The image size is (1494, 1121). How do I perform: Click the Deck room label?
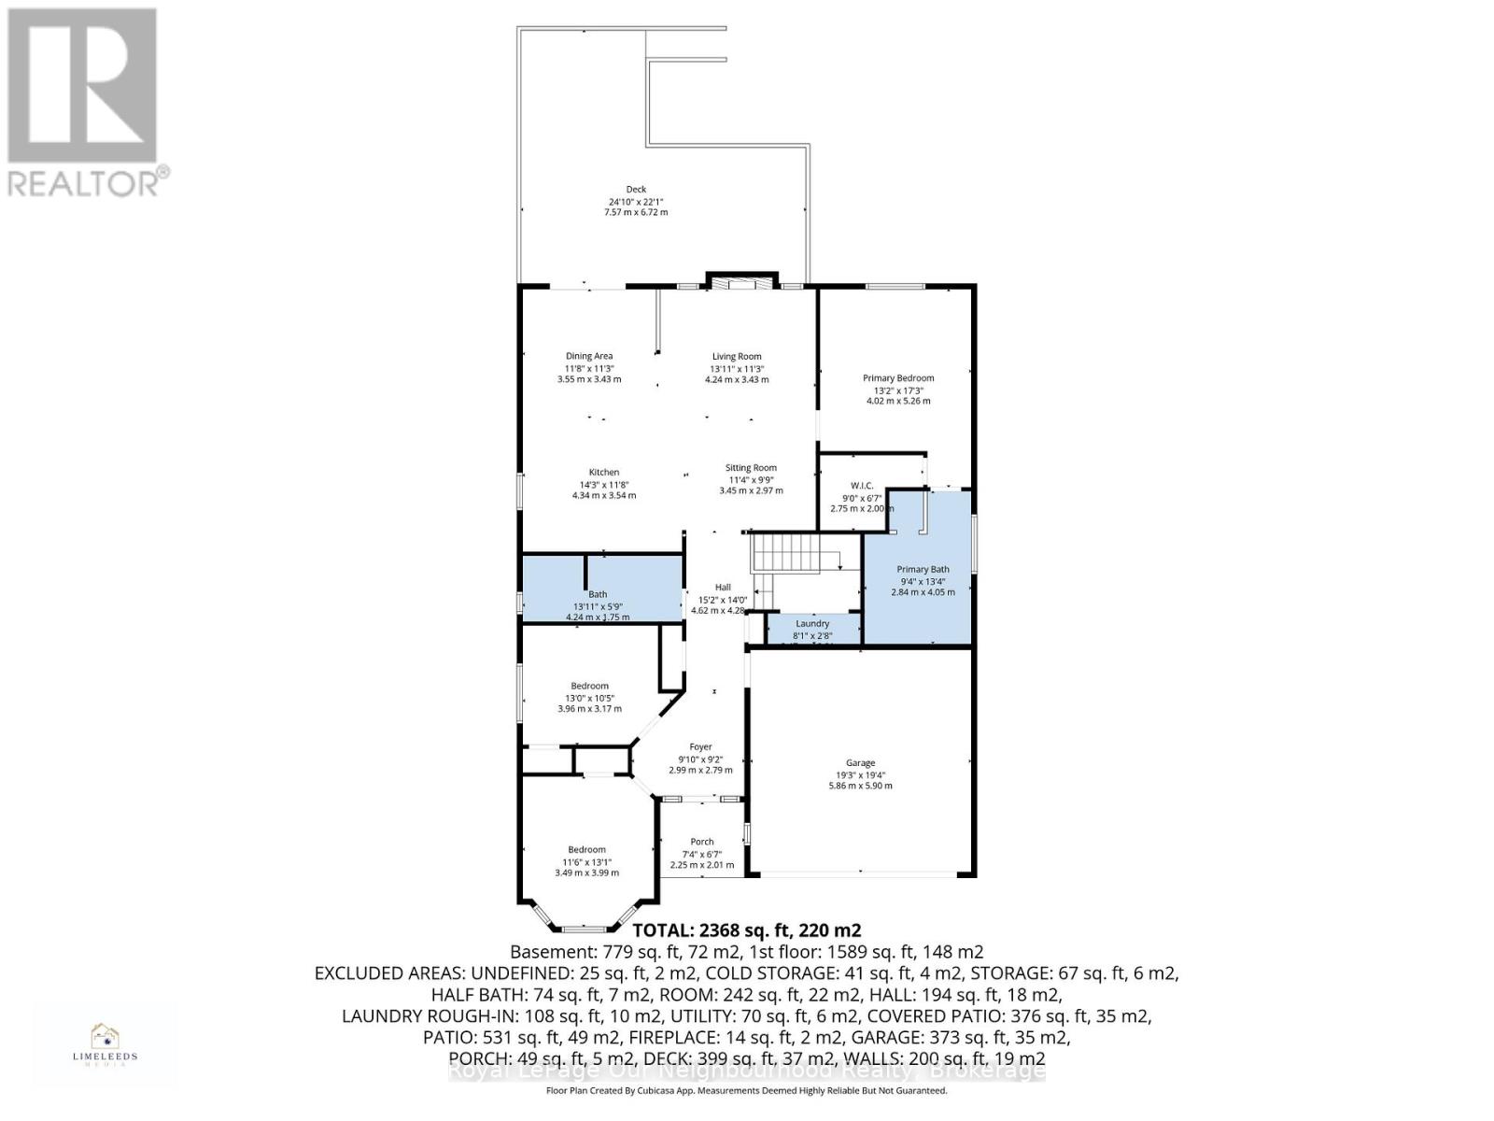click(636, 190)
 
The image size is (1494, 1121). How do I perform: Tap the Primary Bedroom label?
click(898, 378)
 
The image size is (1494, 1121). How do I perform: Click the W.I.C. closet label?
click(862, 485)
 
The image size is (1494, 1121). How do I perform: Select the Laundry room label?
click(812, 624)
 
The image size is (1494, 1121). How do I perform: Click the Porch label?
click(701, 842)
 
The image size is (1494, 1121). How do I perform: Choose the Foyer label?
click(700, 746)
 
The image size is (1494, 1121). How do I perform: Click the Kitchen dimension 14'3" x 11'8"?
click(604, 485)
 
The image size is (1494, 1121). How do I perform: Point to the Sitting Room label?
click(751, 468)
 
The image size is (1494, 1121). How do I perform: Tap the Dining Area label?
click(589, 356)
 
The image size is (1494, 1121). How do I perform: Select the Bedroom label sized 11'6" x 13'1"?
click(586, 850)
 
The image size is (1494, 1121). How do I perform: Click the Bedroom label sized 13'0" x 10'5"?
click(589, 686)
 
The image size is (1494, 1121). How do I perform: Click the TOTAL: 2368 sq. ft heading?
click(747, 930)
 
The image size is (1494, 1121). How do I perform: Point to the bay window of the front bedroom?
click(585, 928)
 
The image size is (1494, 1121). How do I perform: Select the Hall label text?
click(723, 588)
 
